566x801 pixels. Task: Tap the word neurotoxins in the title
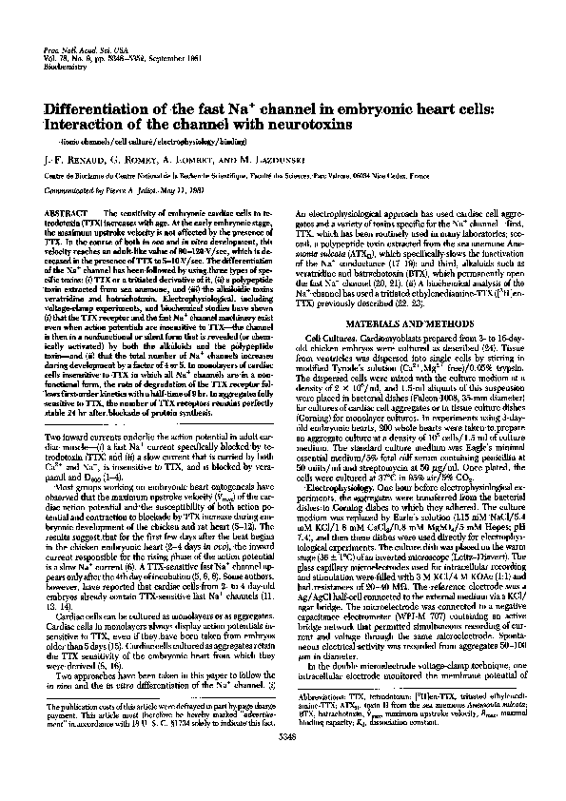point(295,126)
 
